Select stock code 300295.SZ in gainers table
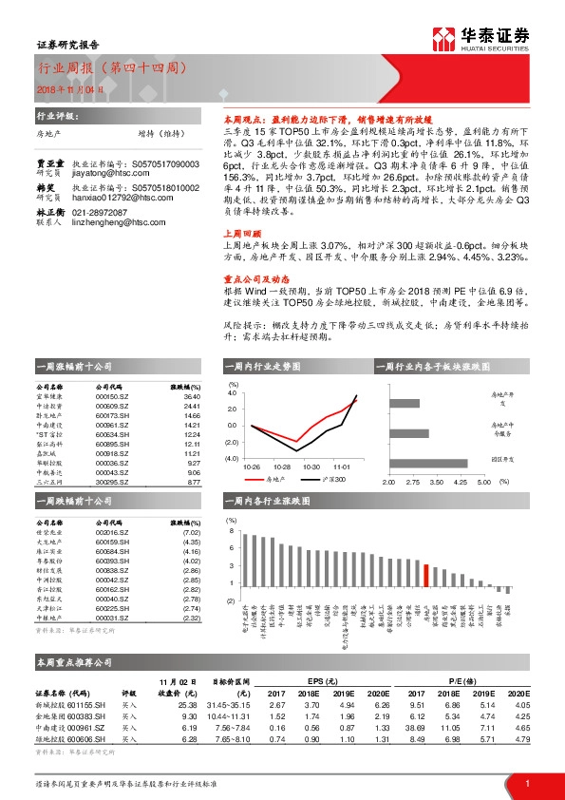[113, 483]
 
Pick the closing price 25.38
[186, 706]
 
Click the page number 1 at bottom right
[527, 783]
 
